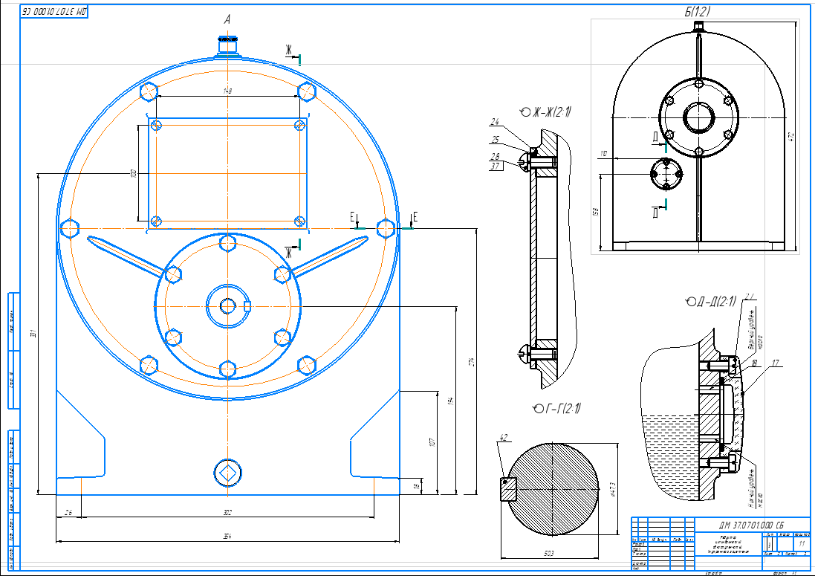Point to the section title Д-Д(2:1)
click(712, 302)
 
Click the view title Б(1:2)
click(698, 11)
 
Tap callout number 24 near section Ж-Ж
click(495, 122)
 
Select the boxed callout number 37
click(495, 166)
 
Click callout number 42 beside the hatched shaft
click(503, 438)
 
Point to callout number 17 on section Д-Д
click(776, 363)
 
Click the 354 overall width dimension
click(228, 537)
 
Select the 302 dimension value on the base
click(228, 512)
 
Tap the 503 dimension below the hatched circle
click(549, 553)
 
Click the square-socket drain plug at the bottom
click(227, 471)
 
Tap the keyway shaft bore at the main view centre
click(228, 304)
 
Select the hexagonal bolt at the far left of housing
click(70, 227)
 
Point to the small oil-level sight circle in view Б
click(666, 175)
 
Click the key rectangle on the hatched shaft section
click(507, 488)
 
